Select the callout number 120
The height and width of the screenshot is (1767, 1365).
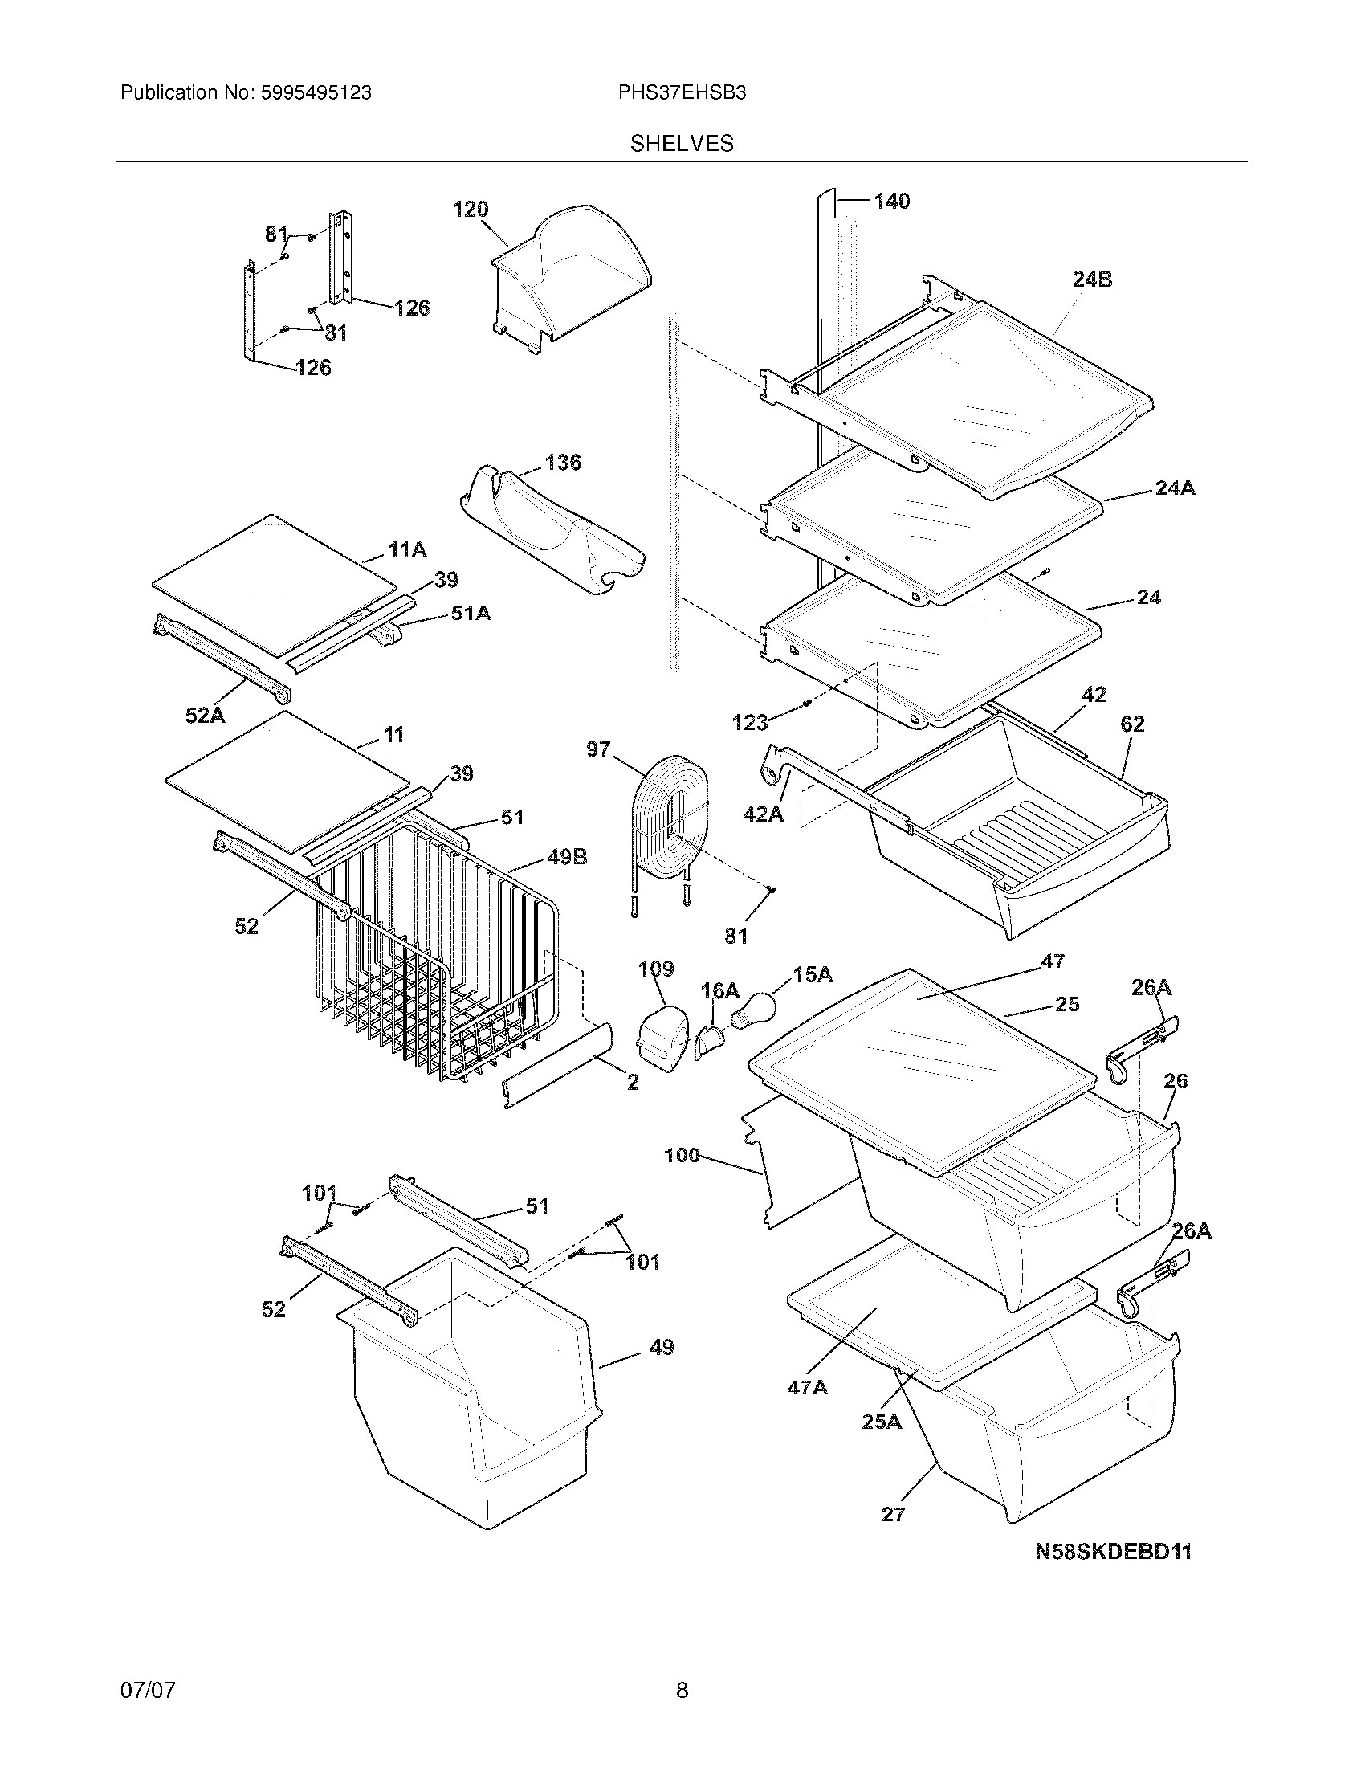tap(470, 210)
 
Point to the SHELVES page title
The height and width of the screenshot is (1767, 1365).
tap(682, 144)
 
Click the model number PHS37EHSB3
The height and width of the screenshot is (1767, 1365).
tap(682, 93)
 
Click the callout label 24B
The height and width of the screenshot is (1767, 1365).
tap(1092, 280)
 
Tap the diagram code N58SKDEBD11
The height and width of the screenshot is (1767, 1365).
tap(1114, 1552)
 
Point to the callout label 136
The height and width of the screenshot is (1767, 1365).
tap(563, 463)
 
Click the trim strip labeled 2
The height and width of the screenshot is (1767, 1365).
tap(558, 1064)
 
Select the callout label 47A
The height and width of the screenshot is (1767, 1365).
tap(807, 1388)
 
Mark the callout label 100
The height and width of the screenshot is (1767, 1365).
tap(681, 1155)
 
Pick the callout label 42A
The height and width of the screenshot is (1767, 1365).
tap(764, 814)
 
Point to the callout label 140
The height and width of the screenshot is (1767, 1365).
tap(891, 202)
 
